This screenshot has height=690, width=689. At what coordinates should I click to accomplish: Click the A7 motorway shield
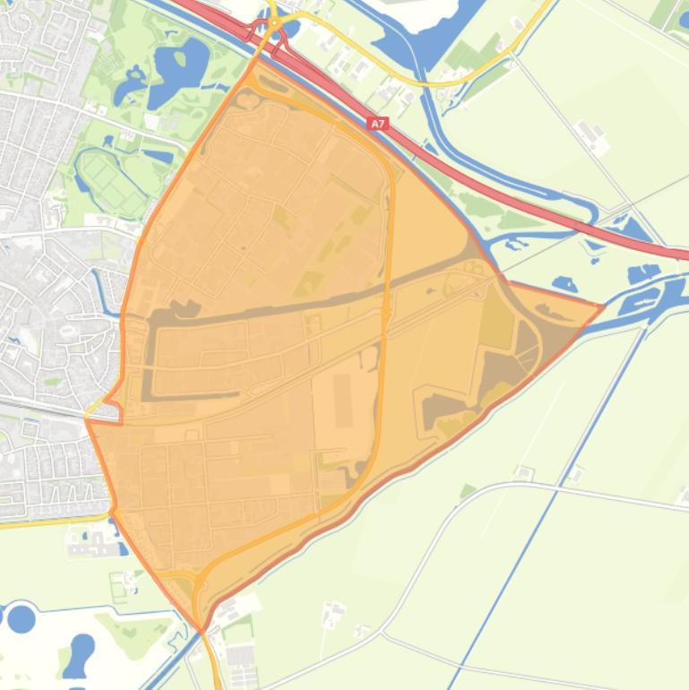point(378,125)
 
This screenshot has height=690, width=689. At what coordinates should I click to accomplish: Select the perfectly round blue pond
point(21,618)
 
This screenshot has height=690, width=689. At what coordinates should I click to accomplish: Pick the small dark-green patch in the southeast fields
point(467,491)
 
